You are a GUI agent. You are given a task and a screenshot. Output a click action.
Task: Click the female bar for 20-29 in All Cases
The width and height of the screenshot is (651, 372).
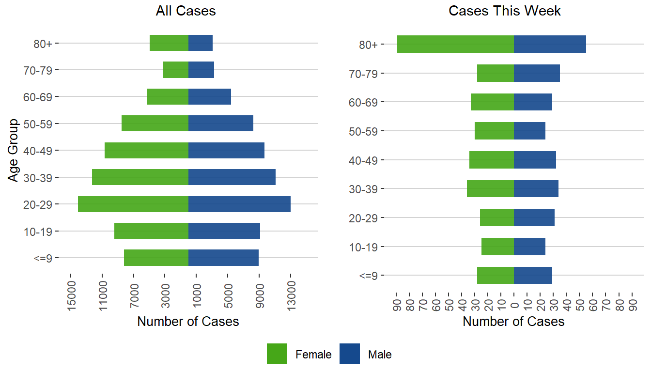133,204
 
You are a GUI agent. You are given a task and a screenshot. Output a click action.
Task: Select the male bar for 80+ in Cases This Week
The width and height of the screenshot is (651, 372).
550,44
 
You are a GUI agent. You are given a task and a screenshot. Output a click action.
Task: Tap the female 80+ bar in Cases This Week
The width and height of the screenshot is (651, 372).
455,44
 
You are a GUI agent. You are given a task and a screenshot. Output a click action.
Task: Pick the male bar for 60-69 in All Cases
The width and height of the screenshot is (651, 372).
210,97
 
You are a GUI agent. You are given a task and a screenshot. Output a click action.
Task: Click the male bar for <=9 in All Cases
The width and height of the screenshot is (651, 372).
223,258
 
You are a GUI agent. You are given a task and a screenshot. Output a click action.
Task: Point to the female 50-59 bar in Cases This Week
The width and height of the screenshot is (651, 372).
494,131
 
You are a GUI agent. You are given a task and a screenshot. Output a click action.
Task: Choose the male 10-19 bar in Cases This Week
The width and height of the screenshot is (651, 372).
529,247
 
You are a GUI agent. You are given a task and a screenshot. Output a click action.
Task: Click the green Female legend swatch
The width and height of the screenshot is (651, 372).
277,354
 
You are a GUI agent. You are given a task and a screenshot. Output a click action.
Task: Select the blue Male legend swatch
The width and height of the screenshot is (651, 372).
350,354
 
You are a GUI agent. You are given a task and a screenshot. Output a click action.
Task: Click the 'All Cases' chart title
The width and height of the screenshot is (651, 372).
186,11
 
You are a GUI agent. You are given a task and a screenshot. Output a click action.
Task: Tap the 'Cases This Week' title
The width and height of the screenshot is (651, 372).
505,11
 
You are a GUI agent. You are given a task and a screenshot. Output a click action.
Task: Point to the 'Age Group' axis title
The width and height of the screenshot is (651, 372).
14,150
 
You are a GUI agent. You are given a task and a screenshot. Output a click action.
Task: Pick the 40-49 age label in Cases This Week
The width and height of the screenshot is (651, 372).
363,160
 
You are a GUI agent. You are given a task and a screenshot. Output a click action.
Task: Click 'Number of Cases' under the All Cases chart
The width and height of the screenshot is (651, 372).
188,322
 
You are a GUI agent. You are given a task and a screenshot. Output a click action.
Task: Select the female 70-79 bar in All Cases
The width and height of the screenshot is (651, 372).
175,70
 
